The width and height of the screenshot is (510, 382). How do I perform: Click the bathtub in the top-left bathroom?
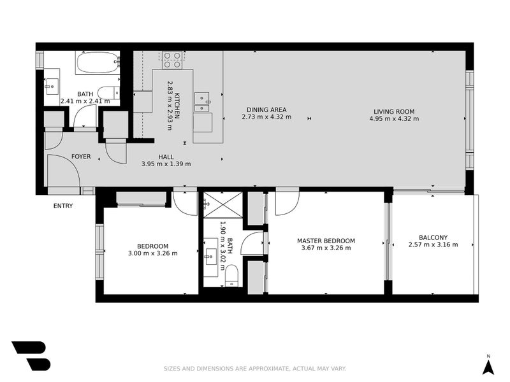click(x=97, y=63)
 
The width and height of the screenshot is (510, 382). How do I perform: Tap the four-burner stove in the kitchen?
click(x=171, y=60)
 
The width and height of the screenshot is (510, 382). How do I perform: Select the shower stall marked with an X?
click(x=222, y=205)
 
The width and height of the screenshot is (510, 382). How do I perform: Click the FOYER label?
click(x=81, y=157)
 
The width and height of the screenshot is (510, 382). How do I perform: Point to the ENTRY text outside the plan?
click(x=62, y=206)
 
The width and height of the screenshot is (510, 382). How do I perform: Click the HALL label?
click(x=166, y=157)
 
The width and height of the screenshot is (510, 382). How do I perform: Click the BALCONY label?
click(x=433, y=237)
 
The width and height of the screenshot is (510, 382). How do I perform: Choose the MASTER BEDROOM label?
click(x=326, y=241)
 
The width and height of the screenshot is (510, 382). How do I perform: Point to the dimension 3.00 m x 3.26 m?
click(x=152, y=253)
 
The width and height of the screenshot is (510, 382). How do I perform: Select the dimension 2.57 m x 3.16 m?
click(x=433, y=244)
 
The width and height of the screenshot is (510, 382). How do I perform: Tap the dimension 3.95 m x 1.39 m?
click(x=166, y=164)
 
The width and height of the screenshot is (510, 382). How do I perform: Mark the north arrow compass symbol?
click(x=488, y=365)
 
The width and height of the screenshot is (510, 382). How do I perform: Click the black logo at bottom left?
click(x=30, y=355)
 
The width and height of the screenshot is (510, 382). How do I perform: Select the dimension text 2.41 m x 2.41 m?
click(x=85, y=101)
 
